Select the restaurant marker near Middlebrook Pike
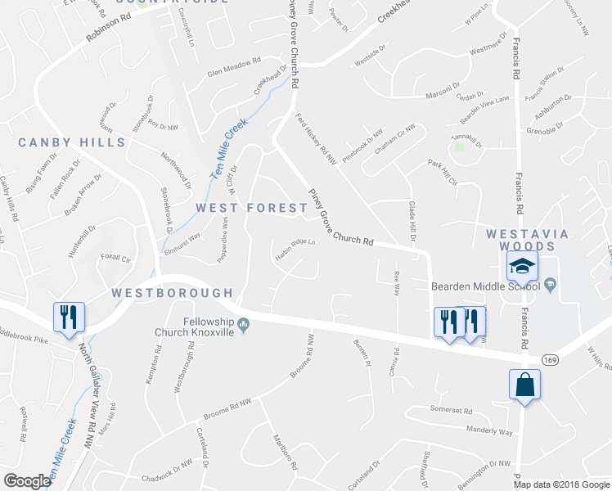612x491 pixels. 68,318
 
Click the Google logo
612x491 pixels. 28,481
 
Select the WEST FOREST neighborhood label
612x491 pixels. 251,208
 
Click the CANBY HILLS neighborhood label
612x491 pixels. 72,142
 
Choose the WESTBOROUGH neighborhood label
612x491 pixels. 172,292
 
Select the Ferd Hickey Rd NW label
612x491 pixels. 316,139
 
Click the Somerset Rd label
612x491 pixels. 451,409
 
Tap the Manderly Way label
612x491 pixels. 488,430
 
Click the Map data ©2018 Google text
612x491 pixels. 561,484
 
